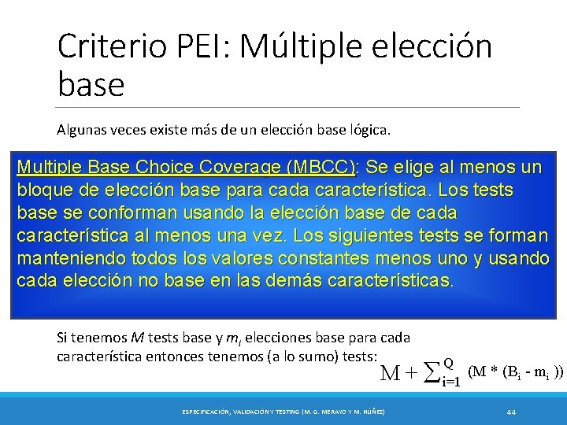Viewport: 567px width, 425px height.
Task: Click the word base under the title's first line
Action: [91, 84]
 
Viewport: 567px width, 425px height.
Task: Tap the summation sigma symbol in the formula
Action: [430, 371]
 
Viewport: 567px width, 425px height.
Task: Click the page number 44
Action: [511, 412]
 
